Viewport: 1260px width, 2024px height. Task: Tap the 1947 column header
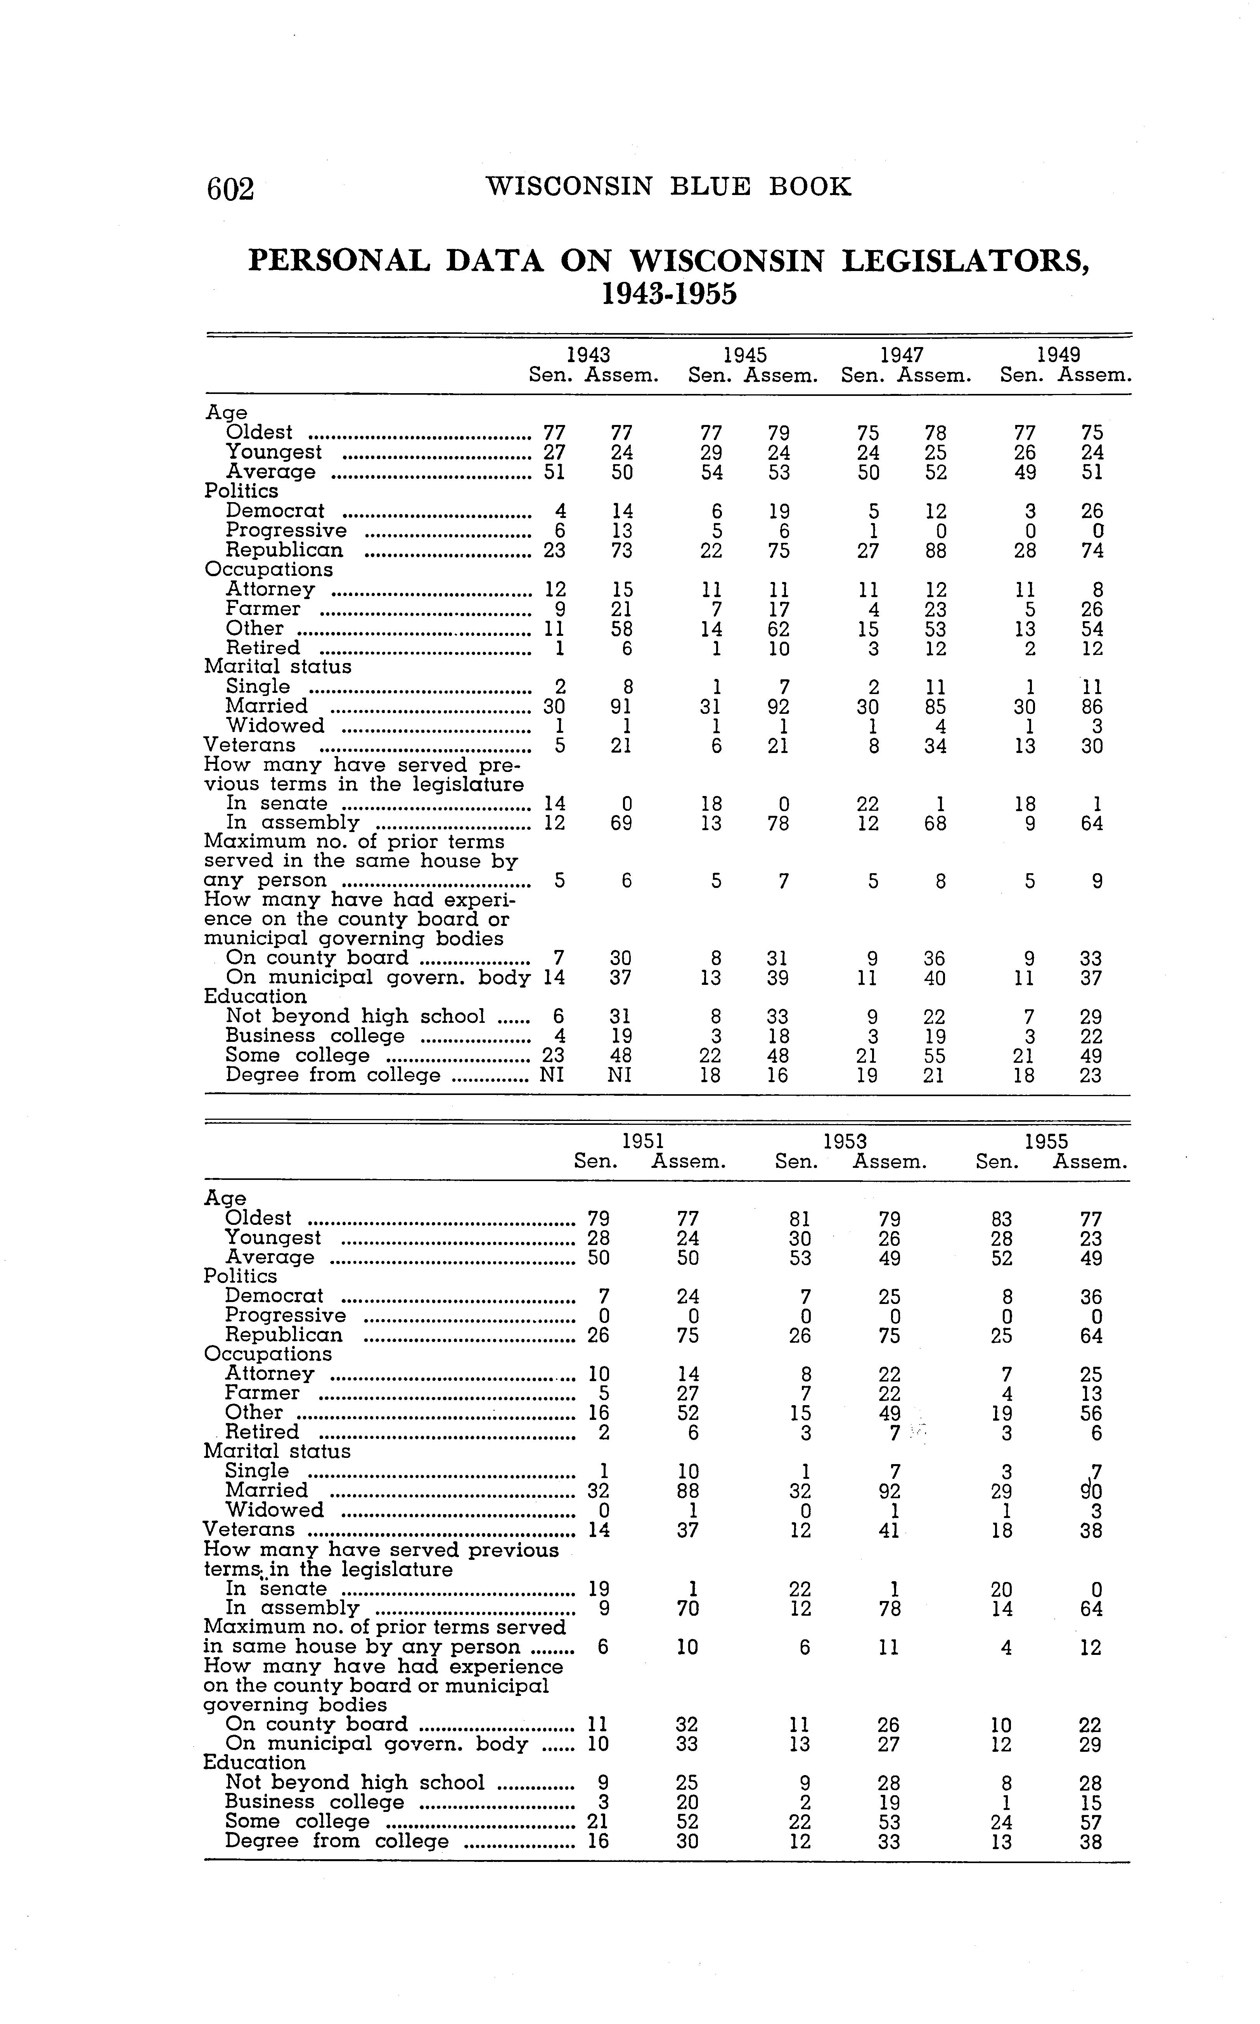pyautogui.click(x=902, y=355)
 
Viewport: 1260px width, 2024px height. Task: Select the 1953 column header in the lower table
pyautogui.click(x=845, y=1141)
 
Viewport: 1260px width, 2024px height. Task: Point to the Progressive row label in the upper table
pyautogui.click(x=286, y=530)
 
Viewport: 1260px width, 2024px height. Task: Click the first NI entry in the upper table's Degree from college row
pyautogui.click(x=552, y=1075)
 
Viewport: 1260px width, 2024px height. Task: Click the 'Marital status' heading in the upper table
pyautogui.click(x=277, y=667)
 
